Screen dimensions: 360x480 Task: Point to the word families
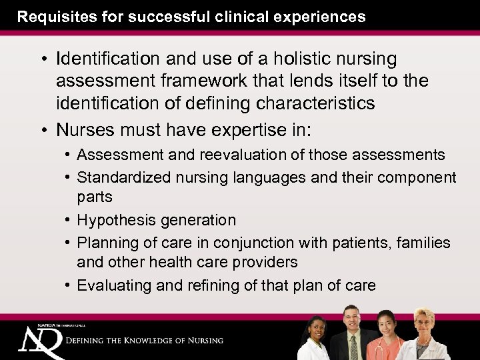423,243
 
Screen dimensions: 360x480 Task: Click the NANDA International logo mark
40,341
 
